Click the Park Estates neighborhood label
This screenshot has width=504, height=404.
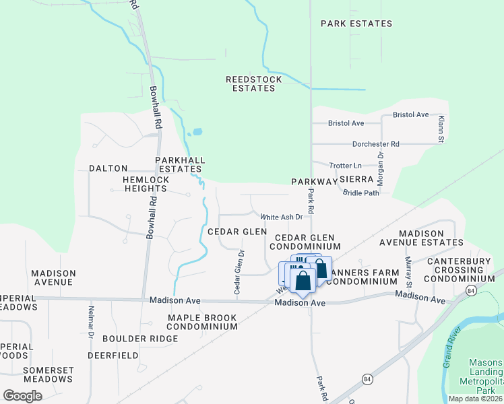356,24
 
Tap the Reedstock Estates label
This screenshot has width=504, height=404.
254,83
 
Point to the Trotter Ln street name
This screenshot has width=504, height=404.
346,166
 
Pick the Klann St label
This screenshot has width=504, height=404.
441,128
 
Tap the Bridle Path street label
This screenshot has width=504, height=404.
361,193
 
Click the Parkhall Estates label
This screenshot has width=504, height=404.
179,164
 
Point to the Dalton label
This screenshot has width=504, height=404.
108,168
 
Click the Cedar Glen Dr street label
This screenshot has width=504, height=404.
239,271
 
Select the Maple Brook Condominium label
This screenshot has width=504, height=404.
202,322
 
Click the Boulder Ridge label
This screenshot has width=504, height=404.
131,338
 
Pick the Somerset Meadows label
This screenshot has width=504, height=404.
48,374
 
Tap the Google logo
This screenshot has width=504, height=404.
22,395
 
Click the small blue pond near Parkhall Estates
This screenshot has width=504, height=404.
196,132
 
